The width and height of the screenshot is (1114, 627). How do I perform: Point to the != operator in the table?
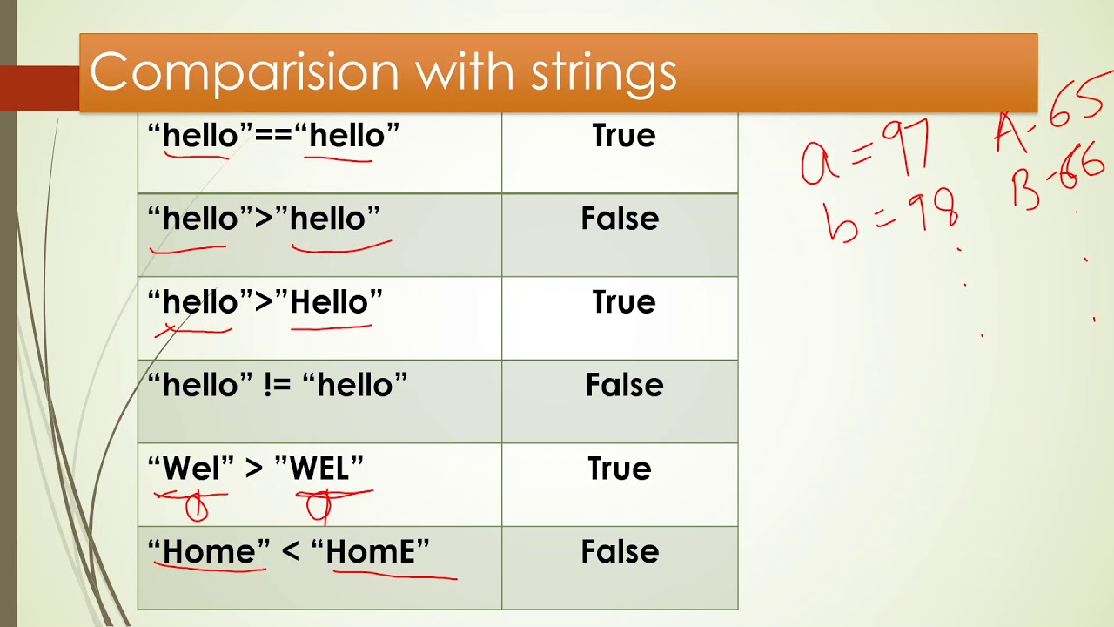pos(277,386)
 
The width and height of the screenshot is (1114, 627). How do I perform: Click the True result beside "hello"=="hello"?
pos(624,135)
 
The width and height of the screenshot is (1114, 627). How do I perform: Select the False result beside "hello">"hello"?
pos(620,219)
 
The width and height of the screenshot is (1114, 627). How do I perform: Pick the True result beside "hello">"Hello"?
pos(624,302)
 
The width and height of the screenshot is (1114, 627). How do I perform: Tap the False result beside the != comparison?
pos(624,385)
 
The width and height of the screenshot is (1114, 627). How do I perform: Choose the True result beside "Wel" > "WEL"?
pos(619,469)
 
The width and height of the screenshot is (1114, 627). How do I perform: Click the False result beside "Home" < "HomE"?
pos(620,551)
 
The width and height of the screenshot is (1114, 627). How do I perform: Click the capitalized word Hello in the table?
pos(329,302)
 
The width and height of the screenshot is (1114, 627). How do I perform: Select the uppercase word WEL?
pos(319,469)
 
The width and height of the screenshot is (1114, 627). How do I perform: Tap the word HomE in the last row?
pos(371,551)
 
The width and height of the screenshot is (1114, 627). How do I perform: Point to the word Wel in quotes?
pos(191,469)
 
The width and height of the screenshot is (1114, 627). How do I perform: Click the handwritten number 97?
pos(906,148)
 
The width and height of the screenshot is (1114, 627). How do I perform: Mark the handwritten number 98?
pos(932,211)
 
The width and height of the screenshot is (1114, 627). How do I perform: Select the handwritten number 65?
pos(1077,100)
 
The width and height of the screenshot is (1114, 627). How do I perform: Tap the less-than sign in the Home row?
pos(291,551)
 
